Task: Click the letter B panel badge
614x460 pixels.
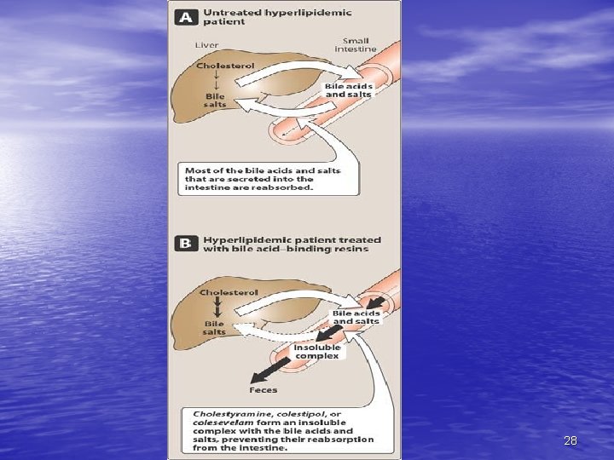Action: (x=185, y=244)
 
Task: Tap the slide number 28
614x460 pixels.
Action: (x=571, y=440)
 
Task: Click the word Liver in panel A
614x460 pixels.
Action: (x=206, y=45)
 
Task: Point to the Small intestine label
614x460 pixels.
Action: (x=356, y=44)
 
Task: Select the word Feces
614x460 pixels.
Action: (x=263, y=389)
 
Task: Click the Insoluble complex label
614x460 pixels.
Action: (x=316, y=351)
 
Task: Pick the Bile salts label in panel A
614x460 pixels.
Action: (x=215, y=101)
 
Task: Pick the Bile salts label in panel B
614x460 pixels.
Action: (x=214, y=328)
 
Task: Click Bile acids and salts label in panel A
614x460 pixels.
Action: (x=348, y=89)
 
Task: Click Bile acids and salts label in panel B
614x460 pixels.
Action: (x=356, y=317)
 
